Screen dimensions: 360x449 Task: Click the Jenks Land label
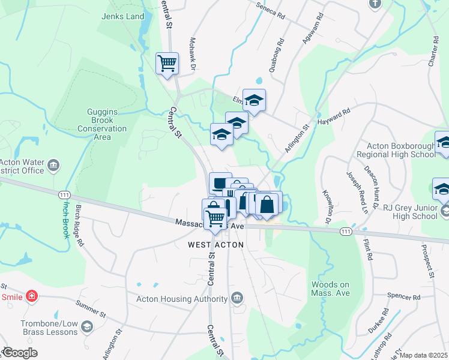coord(124,16)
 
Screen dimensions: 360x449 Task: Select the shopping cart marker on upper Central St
coord(167,63)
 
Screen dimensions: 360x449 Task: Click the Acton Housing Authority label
coord(181,299)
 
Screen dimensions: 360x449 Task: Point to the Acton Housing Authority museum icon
coord(237,298)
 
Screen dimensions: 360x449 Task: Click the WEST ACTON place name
coord(215,245)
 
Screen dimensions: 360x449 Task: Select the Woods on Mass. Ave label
coord(330,289)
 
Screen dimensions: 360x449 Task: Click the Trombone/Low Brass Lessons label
coord(49,328)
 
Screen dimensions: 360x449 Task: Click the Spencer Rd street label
coord(403,297)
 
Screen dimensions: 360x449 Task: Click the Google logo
coord(20,353)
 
